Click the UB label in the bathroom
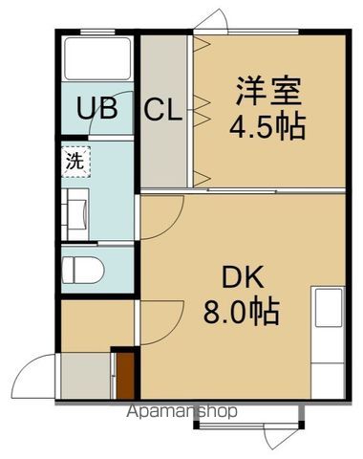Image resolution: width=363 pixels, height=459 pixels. tap(98, 109)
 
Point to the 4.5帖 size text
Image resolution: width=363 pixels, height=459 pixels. tap(268, 127)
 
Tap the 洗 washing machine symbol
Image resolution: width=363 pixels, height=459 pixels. tap(75, 160)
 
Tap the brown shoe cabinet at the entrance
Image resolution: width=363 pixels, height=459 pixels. tap(124, 376)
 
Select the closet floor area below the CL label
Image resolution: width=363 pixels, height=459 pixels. tap(164, 158)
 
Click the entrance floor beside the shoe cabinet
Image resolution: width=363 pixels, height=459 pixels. tap(84, 376)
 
